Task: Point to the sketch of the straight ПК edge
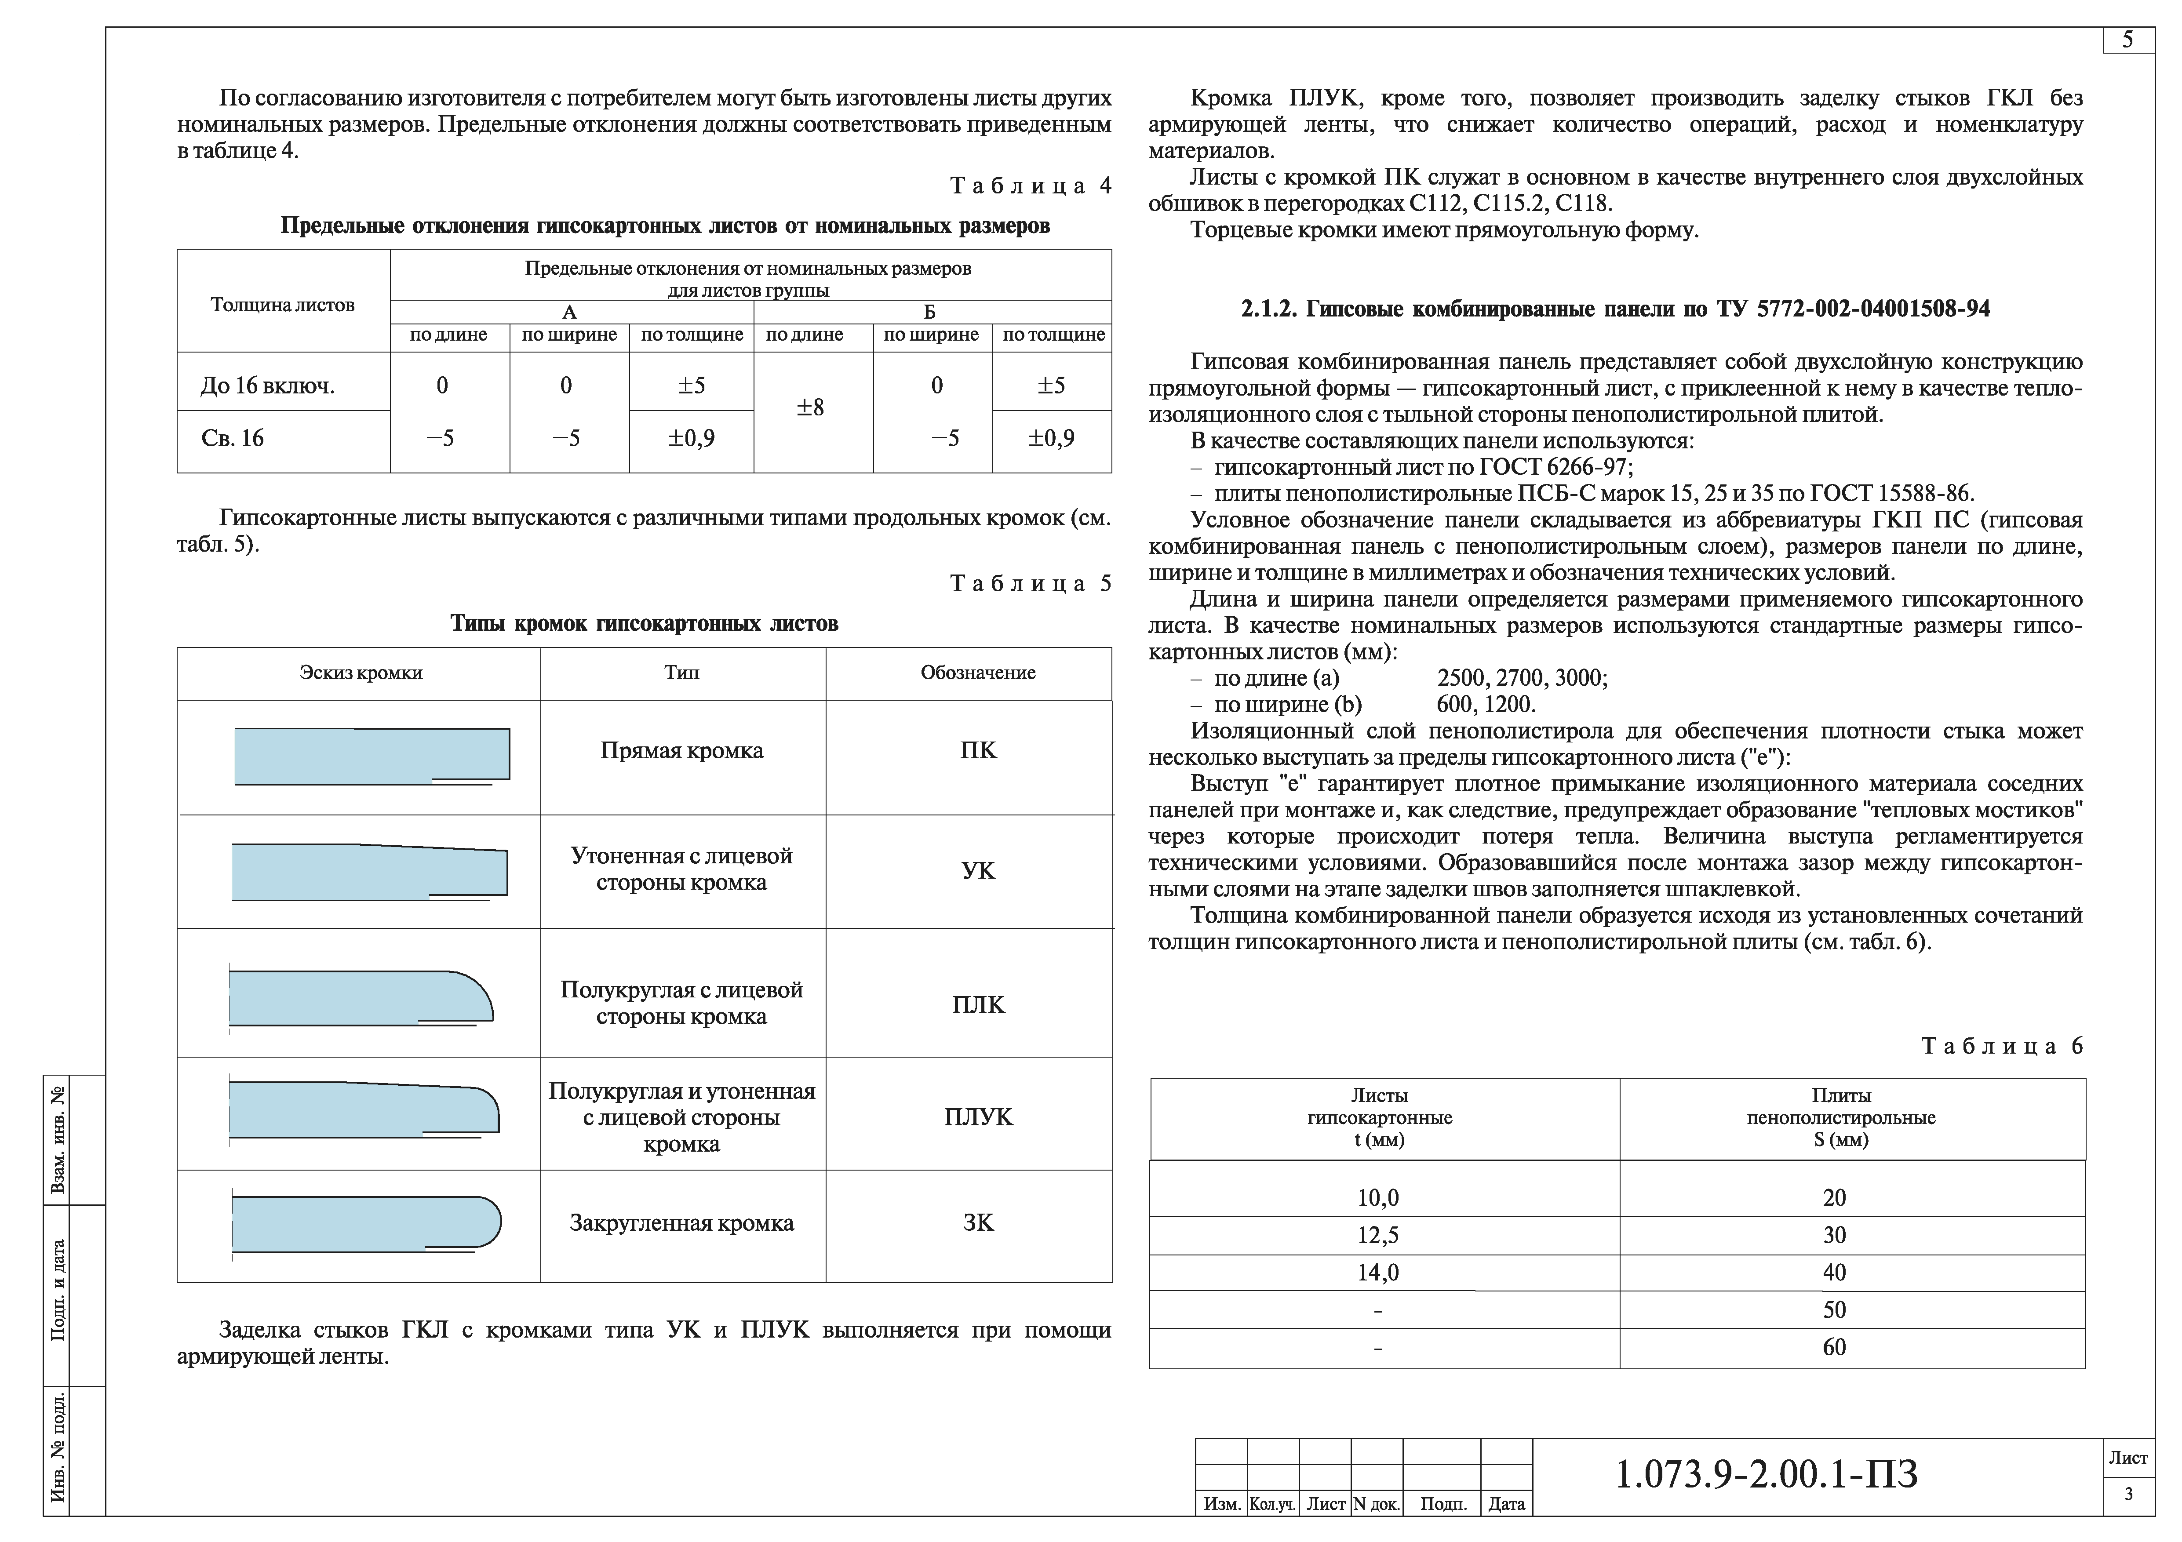tap(372, 756)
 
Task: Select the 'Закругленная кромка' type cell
tap(681, 1224)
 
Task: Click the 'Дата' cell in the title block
tap(1506, 1504)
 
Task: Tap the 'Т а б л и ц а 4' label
tap(1030, 186)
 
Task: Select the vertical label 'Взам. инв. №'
tap(59, 1140)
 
